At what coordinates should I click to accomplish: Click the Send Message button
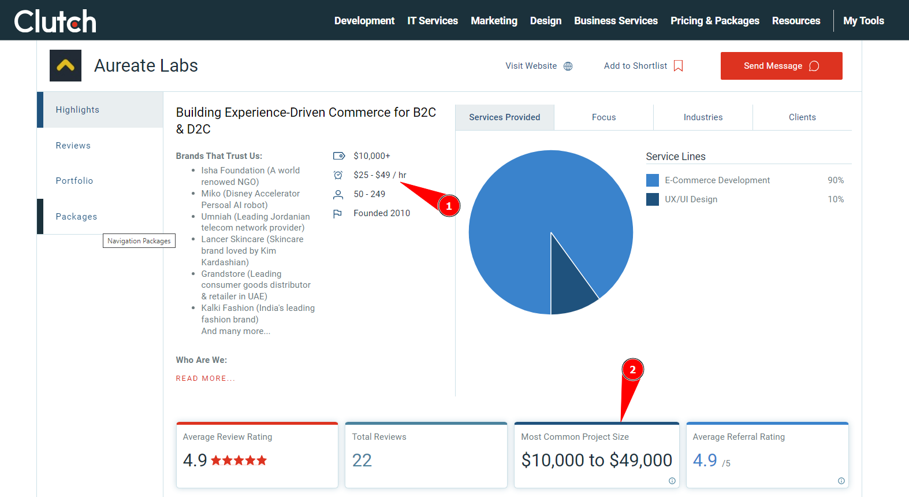tap(781, 66)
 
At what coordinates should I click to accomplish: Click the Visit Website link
tap(538, 66)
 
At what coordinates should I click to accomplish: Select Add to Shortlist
tap(643, 66)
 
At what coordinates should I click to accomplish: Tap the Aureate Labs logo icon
tap(65, 66)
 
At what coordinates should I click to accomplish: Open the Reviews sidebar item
tap(73, 146)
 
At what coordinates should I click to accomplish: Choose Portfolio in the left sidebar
tap(74, 181)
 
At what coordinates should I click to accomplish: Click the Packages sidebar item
tap(76, 217)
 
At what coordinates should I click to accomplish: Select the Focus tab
tap(603, 117)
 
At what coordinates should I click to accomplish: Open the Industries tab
tap(703, 117)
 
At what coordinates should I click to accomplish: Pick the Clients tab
tap(802, 117)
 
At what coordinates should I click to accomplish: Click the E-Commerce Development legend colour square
tap(653, 180)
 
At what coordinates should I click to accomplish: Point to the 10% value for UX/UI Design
tap(836, 199)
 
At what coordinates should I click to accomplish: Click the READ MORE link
tap(206, 379)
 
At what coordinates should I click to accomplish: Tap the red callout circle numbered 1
tap(449, 206)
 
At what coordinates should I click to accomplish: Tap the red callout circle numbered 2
tap(632, 370)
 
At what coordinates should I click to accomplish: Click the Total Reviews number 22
tap(362, 461)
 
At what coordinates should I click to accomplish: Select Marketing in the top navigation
tap(494, 21)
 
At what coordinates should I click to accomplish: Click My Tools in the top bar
tap(863, 21)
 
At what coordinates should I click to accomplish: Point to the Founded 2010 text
tap(382, 213)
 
